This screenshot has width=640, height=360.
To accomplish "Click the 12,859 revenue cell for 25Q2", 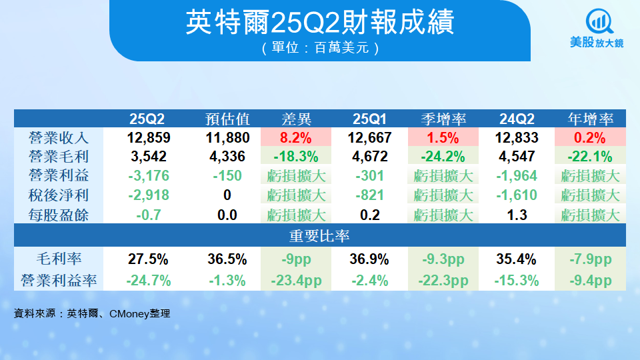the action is [x=149, y=137].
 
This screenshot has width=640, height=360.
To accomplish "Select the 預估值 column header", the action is [x=227, y=119].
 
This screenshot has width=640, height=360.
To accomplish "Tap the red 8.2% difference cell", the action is [x=296, y=137].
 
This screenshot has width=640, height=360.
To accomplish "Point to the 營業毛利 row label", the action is [x=59, y=156].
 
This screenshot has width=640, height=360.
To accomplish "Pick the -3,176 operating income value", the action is [x=149, y=175].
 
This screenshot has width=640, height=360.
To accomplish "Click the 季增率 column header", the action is [x=443, y=119].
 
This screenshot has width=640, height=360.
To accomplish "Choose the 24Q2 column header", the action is [x=517, y=119].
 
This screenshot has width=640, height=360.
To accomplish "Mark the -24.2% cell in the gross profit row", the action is [x=443, y=156].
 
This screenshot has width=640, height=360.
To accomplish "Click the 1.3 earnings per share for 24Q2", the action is [x=517, y=215].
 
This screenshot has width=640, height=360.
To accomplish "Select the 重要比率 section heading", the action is [x=319, y=235].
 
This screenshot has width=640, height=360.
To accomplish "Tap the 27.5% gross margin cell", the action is [x=148, y=259].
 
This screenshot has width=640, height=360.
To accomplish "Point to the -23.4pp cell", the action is [x=296, y=281].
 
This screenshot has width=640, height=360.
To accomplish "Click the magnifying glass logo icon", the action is [x=599, y=21].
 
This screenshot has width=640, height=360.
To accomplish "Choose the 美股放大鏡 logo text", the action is [x=597, y=42].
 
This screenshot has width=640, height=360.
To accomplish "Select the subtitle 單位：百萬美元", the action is [x=321, y=48].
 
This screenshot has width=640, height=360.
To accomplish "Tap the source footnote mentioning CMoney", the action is [x=92, y=313].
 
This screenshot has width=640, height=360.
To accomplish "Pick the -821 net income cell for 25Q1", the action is [x=370, y=195].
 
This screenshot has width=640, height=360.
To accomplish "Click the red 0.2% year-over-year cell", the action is [x=590, y=137].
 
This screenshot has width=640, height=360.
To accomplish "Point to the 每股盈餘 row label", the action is [x=59, y=215].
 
